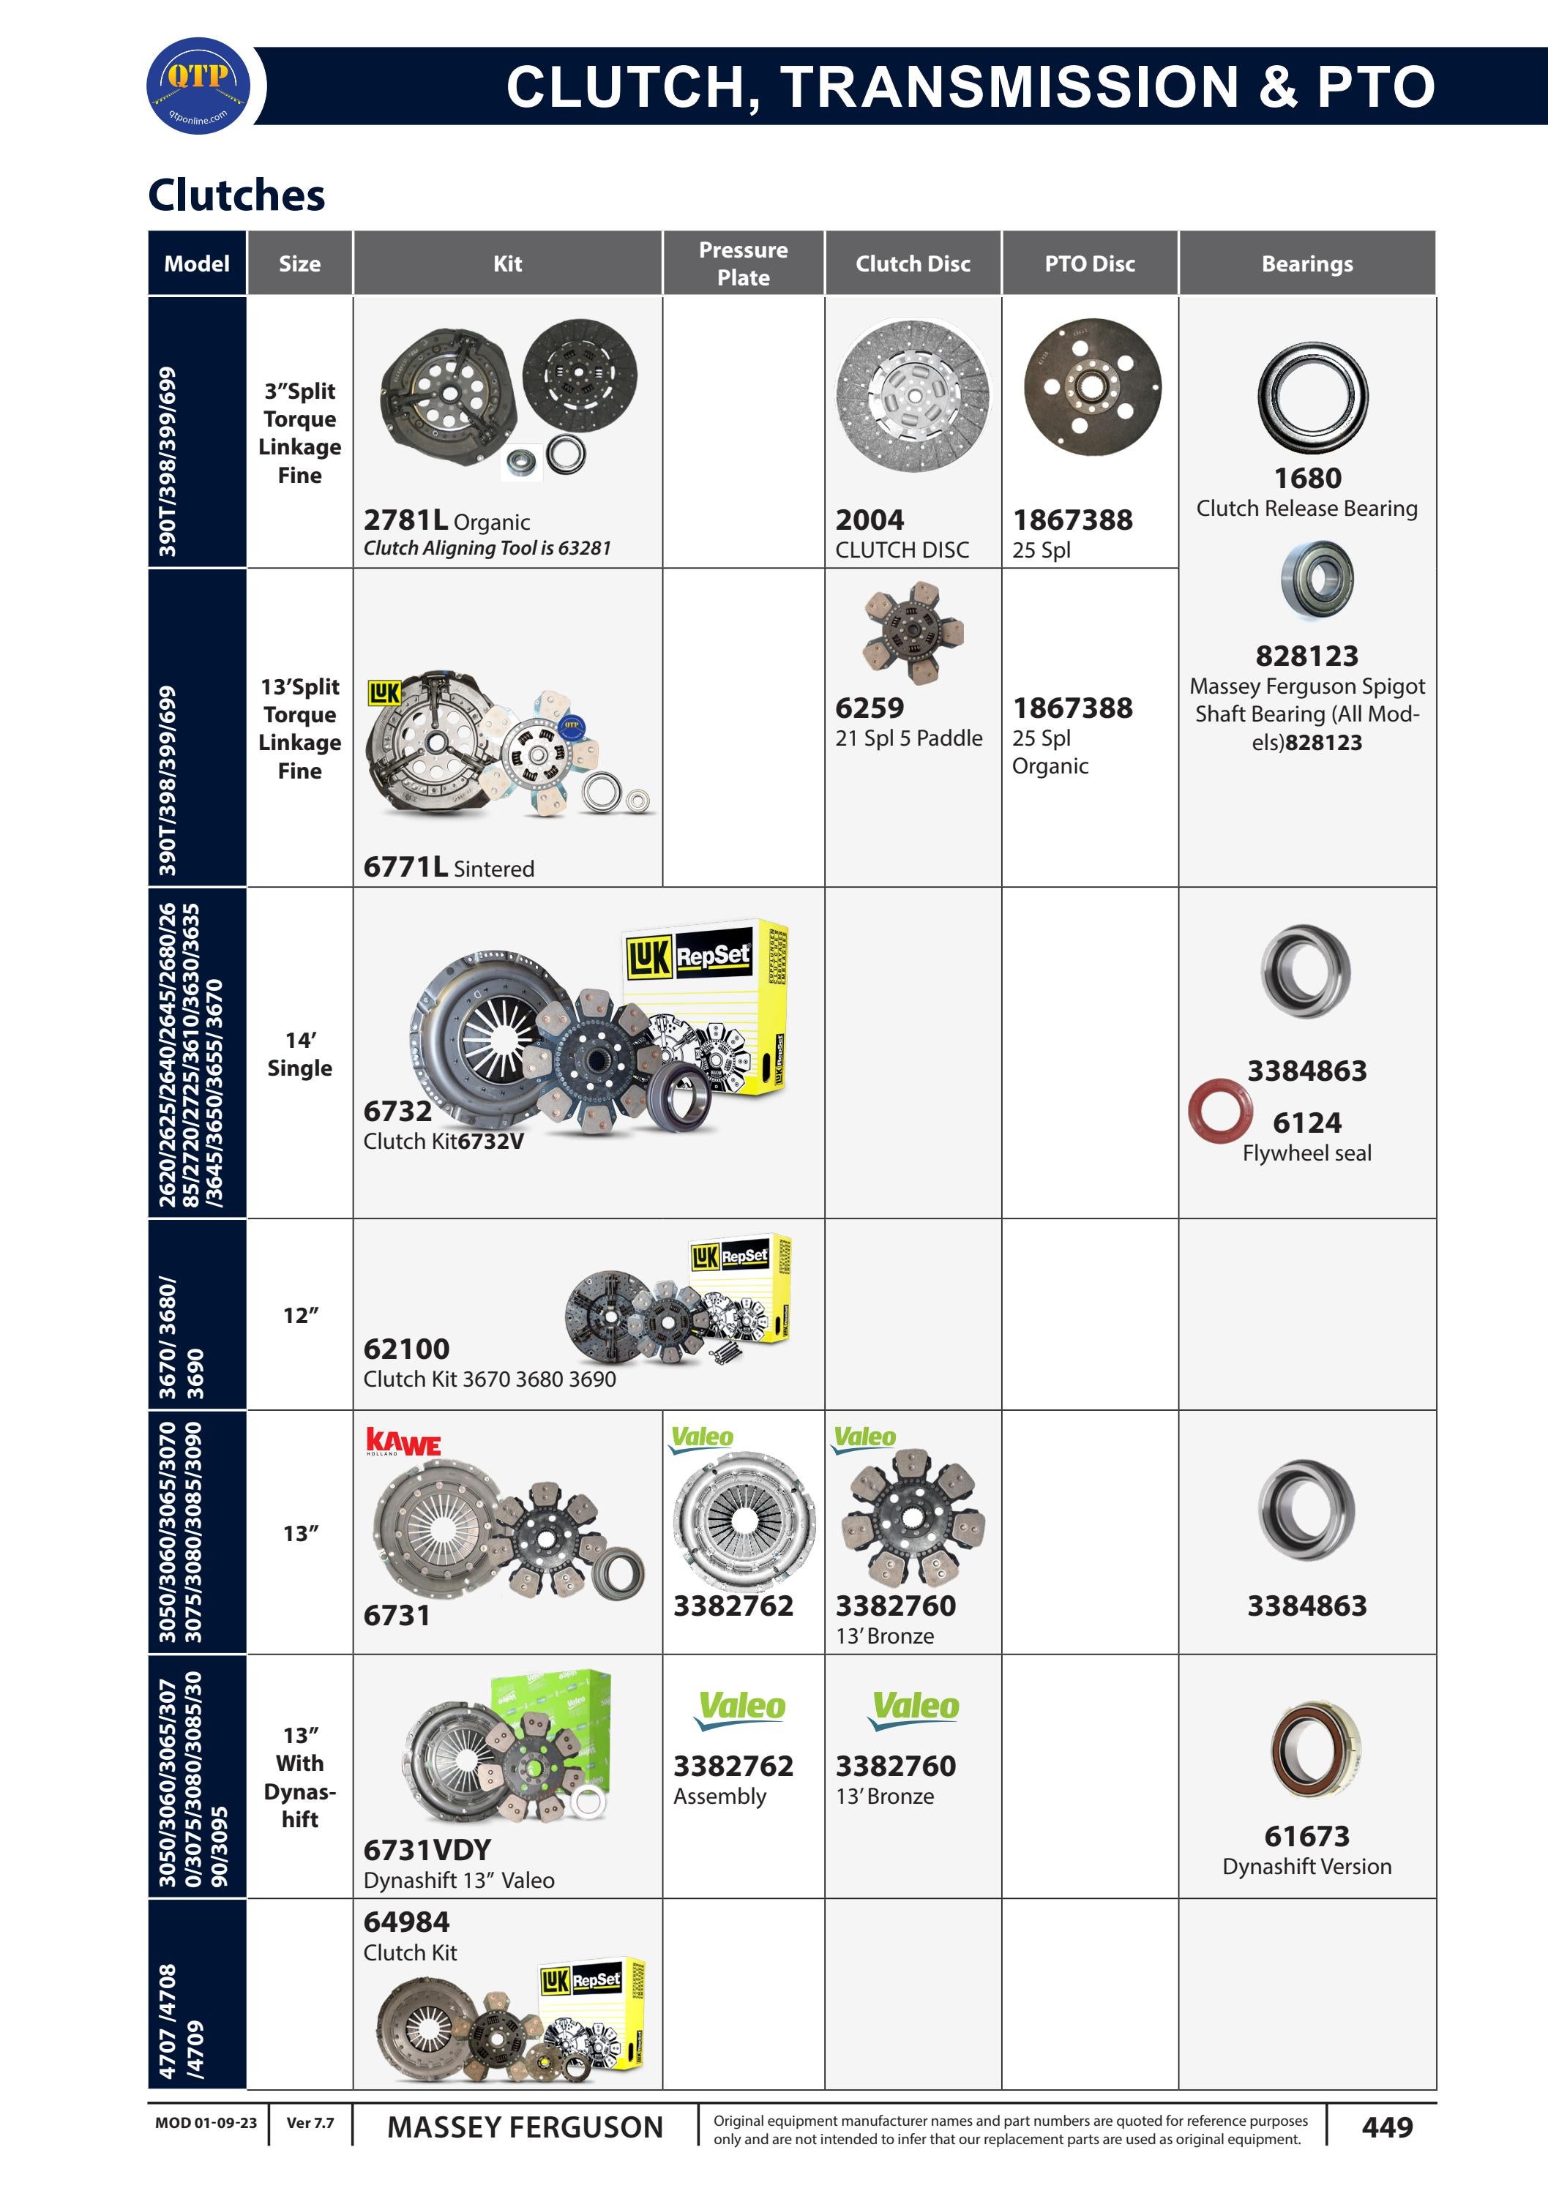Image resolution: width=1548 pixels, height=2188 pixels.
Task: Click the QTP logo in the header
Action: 198,86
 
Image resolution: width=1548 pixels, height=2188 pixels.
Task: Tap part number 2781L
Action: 405,520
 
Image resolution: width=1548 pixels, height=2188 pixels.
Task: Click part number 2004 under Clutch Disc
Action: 870,520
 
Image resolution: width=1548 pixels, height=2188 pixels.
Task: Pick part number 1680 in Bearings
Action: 1307,479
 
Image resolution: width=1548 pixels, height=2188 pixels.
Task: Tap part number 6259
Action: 870,708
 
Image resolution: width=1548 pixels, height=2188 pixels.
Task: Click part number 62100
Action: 406,1349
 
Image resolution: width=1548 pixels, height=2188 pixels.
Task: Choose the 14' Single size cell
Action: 299,1054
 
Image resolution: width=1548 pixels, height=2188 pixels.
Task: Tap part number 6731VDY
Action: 427,1850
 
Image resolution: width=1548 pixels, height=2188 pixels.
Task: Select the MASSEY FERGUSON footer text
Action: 524,2127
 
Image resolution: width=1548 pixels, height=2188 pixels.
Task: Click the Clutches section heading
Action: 236,195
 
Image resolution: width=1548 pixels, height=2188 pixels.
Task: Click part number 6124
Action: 1307,1123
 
